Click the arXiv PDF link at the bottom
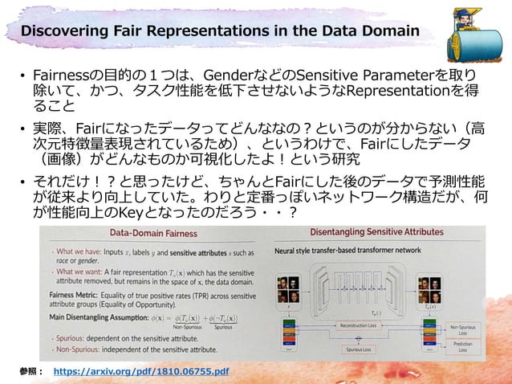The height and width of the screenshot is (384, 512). click(x=140, y=373)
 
